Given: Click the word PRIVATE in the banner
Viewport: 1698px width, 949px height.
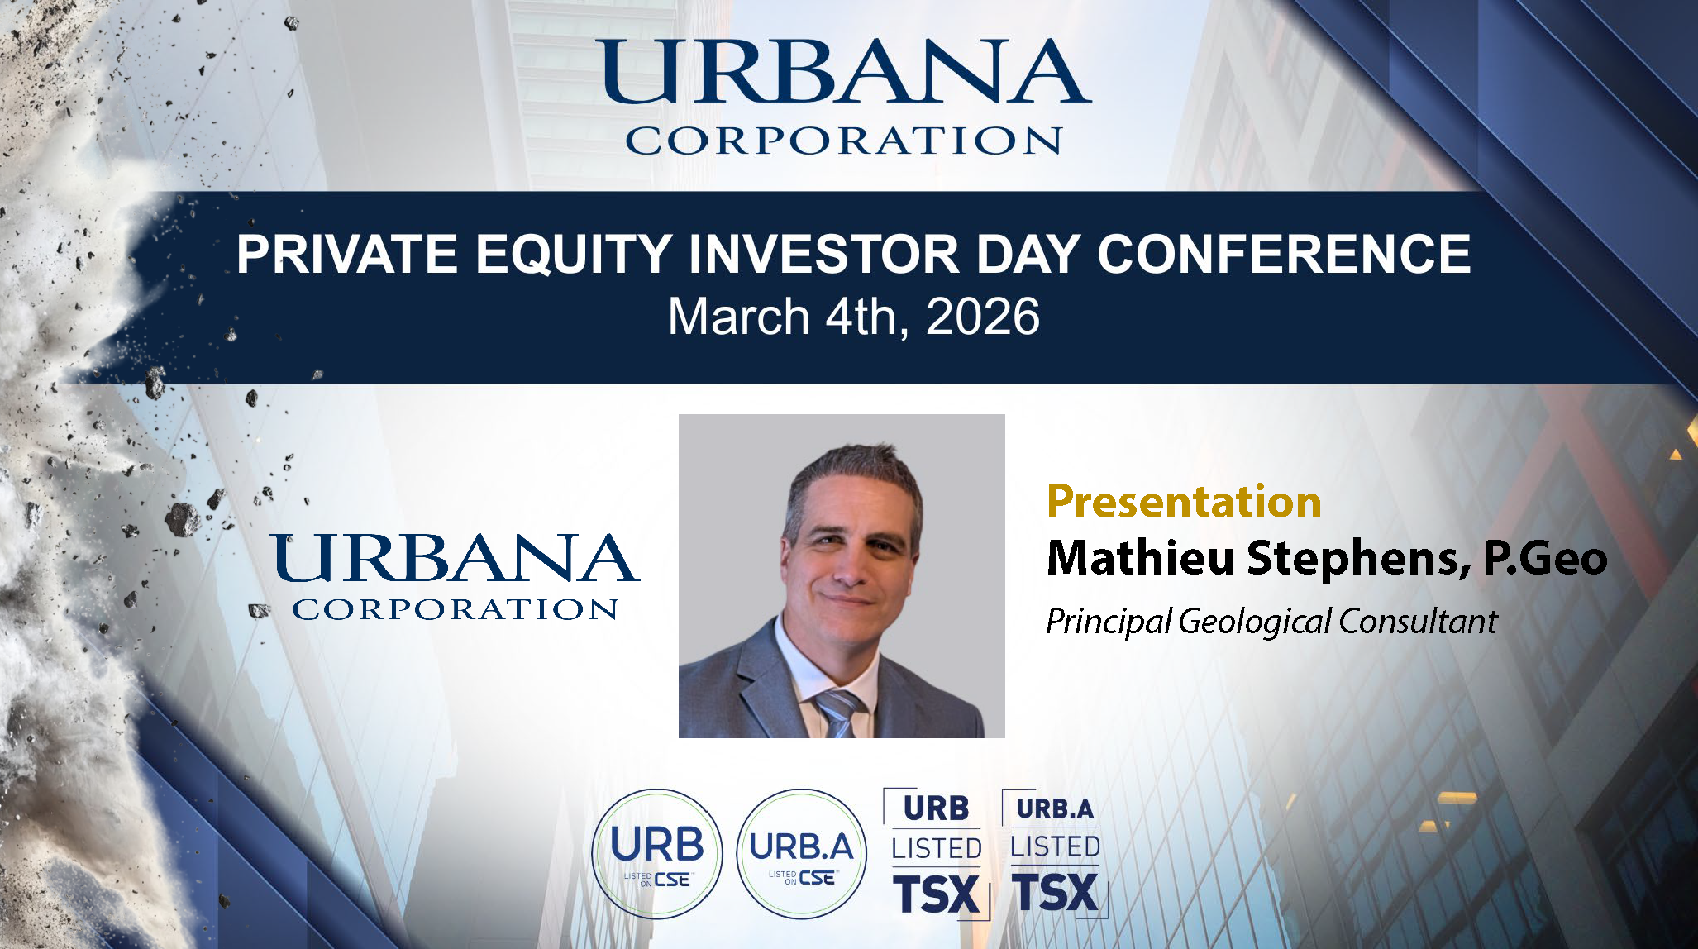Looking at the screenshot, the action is (347, 254).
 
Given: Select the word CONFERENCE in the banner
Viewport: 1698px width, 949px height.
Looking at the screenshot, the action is (1284, 254).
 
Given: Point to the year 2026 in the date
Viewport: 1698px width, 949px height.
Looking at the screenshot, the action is (982, 317).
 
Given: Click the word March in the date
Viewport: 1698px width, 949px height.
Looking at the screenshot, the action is (738, 317).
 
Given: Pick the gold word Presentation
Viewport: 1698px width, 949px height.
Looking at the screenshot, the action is (1184, 502).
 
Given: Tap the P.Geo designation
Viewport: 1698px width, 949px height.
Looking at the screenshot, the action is (1545, 558).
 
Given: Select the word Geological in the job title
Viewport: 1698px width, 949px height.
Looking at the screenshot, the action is (1255, 622).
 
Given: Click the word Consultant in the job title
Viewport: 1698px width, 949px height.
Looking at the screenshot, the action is (1418, 621).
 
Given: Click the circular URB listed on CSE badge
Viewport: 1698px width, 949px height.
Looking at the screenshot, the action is (657, 854).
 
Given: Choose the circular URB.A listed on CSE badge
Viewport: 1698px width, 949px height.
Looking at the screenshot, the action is (801, 854).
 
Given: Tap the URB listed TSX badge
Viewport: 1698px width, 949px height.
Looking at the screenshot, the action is (937, 853).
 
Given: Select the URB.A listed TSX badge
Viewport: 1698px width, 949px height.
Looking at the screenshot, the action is (1055, 853).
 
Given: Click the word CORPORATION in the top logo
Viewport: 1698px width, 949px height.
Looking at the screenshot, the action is (844, 141).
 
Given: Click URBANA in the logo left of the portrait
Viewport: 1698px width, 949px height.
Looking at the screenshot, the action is (455, 558).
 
